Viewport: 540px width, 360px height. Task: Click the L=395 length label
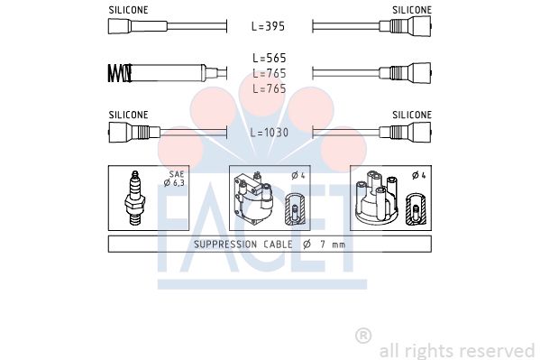[269, 26]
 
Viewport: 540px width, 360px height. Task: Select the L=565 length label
[270, 58]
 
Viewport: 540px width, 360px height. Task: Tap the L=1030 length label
[269, 133]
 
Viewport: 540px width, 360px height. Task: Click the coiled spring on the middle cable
[120, 73]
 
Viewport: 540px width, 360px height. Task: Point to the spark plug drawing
[135, 198]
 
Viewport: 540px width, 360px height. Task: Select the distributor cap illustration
[377, 196]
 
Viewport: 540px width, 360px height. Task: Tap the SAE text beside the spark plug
[177, 174]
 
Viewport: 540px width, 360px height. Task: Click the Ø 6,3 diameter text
[174, 183]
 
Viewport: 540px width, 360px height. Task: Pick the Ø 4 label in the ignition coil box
[298, 176]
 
